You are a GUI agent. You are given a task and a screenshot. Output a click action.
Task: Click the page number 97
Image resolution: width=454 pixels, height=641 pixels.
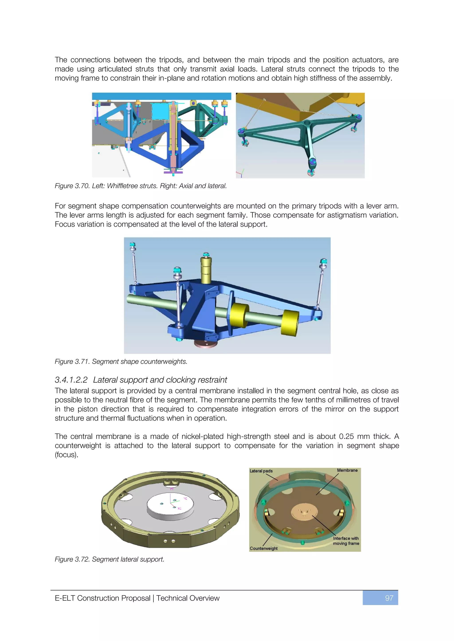pyautogui.click(x=389, y=598)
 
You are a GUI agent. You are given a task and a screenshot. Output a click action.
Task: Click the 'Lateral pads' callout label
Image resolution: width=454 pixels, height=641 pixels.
pyautogui.click(x=261, y=471)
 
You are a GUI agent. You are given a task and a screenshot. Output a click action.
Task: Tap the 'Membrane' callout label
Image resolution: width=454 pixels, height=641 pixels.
pyautogui.click(x=347, y=470)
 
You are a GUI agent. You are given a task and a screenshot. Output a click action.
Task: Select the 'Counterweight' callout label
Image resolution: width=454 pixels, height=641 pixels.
pyautogui.click(x=263, y=548)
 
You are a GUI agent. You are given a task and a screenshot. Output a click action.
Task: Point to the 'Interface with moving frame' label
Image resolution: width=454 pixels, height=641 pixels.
pyautogui.click(x=346, y=541)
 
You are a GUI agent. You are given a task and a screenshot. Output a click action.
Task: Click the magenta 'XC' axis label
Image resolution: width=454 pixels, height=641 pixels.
pyautogui.click(x=180, y=508)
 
